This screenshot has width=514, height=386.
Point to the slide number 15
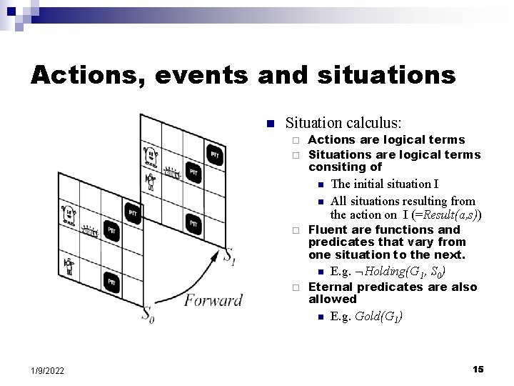[478, 369]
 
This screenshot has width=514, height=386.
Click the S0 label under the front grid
[147, 314]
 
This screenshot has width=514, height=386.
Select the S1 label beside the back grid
[229, 256]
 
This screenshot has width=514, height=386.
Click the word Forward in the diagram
[213, 300]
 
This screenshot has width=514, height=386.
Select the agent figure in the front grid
[69, 266]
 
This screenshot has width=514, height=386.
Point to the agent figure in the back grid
[151, 180]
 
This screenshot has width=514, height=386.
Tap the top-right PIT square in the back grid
[214, 155]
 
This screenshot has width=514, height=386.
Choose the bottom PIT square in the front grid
[111, 283]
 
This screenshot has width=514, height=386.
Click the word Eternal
[331, 287]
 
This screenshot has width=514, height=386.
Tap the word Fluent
[327, 230]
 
